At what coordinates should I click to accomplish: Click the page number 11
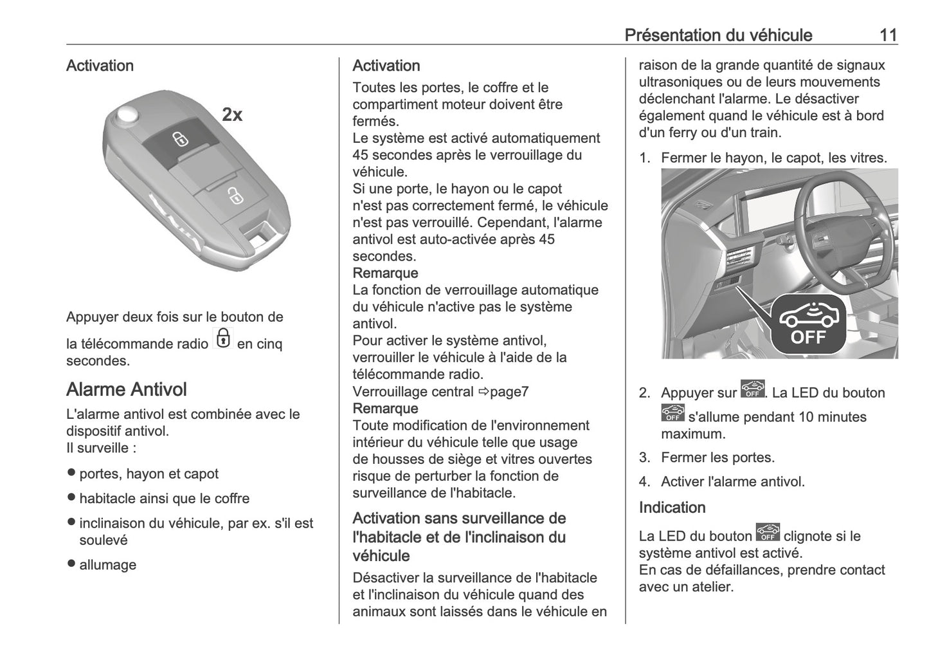pyautogui.click(x=888, y=35)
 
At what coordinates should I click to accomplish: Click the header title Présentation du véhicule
pyautogui.click(x=718, y=35)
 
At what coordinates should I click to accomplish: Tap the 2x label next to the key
pyautogui.click(x=232, y=115)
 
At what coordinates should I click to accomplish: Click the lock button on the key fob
pyautogui.click(x=180, y=140)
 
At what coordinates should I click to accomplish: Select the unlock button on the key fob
pyautogui.click(x=234, y=196)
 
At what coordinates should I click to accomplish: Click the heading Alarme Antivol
pyautogui.click(x=127, y=389)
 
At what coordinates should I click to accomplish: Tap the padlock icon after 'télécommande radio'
pyautogui.click(x=222, y=338)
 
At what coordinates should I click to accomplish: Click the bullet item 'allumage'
pyautogui.click(x=108, y=565)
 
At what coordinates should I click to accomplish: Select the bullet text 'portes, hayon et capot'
pyautogui.click(x=149, y=474)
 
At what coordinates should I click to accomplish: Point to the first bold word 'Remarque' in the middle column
pyautogui.click(x=385, y=273)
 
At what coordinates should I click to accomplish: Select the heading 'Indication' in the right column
pyautogui.click(x=672, y=507)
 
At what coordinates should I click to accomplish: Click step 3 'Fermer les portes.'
pyautogui.click(x=717, y=457)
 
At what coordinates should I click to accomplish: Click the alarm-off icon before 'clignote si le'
pyautogui.click(x=768, y=533)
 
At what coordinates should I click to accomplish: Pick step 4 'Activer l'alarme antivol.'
pyautogui.click(x=732, y=481)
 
